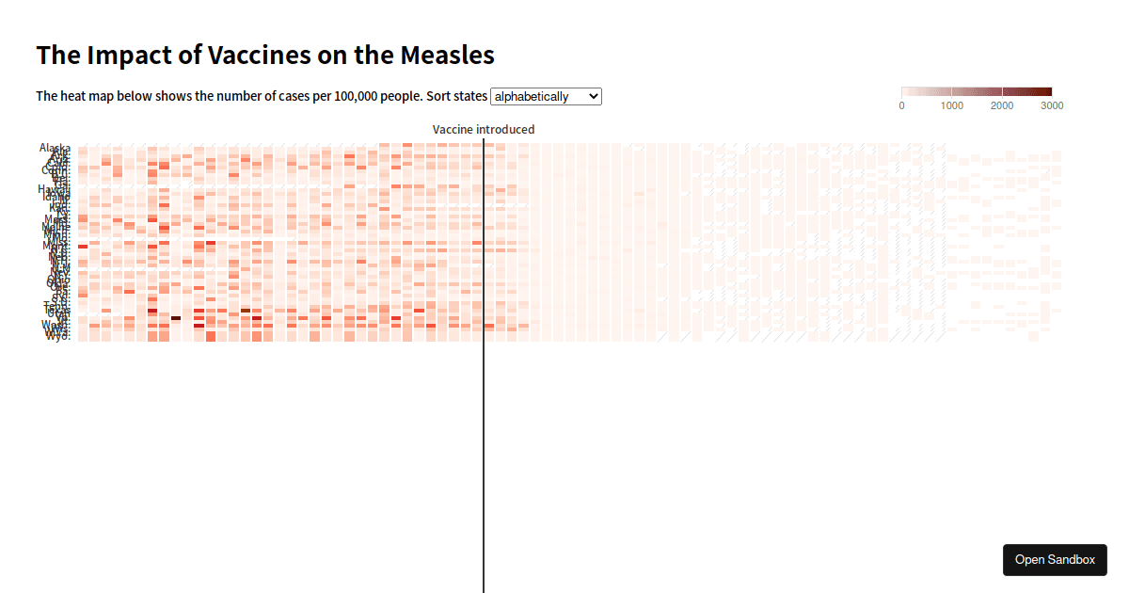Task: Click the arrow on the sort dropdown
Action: [x=592, y=96]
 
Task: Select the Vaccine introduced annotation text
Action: [x=484, y=129]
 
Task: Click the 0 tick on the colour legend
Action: [x=902, y=106]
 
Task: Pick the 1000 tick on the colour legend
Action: [x=952, y=106]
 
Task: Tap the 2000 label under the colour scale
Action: [x=1002, y=106]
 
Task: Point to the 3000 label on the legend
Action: [x=1052, y=106]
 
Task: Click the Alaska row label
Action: [x=55, y=148]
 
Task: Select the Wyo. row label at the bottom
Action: [x=57, y=337]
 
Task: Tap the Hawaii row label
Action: [x=54, y=188]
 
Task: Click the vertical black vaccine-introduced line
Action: [x=484, y=424]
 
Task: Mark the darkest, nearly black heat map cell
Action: [x=176, y=318]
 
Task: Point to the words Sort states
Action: [x=457, y=96]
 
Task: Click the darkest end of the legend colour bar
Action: [x=1048, y=91]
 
